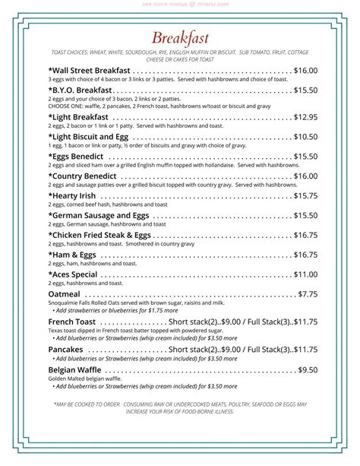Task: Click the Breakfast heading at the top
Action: (x=180, y=38)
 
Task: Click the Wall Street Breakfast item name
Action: (x=89, y=71)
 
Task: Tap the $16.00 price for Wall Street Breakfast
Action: (x=305, y=71)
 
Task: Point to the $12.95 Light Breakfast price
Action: (x=305, y=117)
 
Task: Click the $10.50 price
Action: (x=305, y=137)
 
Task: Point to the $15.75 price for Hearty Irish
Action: (x=305, y=196)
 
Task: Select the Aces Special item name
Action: (x=73, y=274)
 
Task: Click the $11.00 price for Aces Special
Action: (x=305, y=274)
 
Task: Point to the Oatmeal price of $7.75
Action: (x=308, y=293)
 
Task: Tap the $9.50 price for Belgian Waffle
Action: (x=308, y=369)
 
